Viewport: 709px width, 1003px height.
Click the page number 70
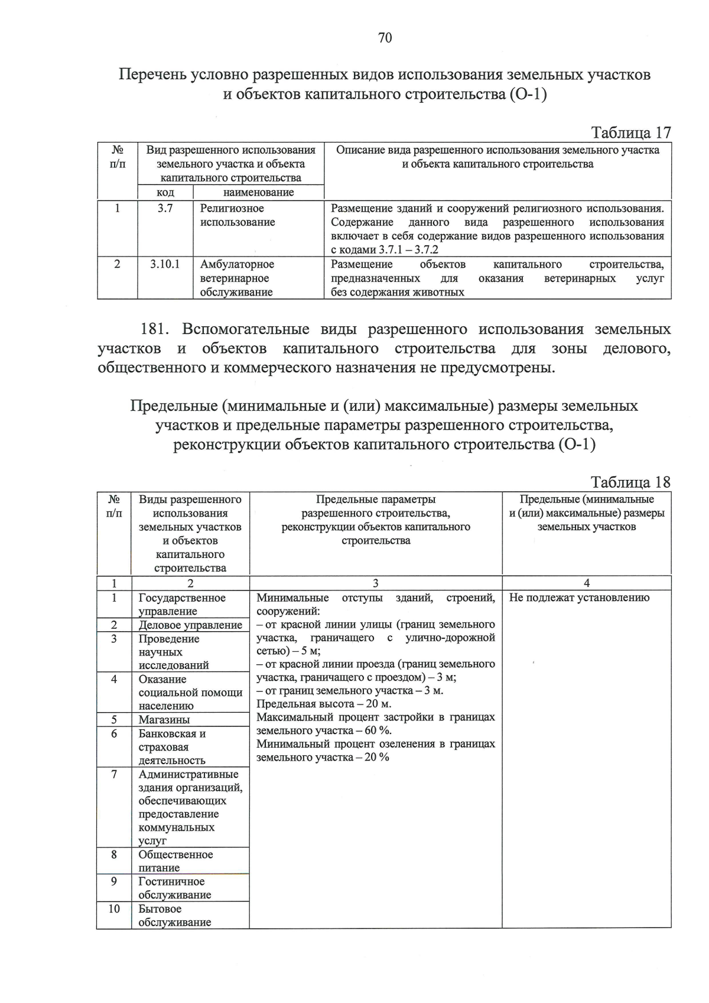(x=385, y=38)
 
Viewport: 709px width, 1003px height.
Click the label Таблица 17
(x=630, y=132)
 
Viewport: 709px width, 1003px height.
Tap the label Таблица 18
(x=630, y=482)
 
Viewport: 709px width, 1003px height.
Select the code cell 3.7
(x=165, y=208)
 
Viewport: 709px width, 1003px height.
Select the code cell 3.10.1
(x=165, y=264)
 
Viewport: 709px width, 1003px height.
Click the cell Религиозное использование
(x=238, y=215)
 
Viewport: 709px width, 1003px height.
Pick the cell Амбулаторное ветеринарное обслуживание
(x=237, y=278)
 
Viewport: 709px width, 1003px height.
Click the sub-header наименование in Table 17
(x=258, y=192)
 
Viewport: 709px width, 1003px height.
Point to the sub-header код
(x=165, y=192)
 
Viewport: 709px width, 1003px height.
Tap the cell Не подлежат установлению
(x=579, y=598)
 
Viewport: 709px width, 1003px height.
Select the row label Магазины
(x=164, y=719)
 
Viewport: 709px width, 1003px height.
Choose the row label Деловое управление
(x=190, y=625)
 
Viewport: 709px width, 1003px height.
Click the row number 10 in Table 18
(x=114, y=908)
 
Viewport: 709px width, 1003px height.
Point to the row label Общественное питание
(x=175, y=861)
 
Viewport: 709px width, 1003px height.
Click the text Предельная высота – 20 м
(x=324, y=704)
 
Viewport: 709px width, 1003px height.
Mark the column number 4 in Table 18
(x=586, y=583)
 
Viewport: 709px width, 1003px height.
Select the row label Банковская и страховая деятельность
(x=172, y=747)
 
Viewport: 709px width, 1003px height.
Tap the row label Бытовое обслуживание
(x=174, y=916)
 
